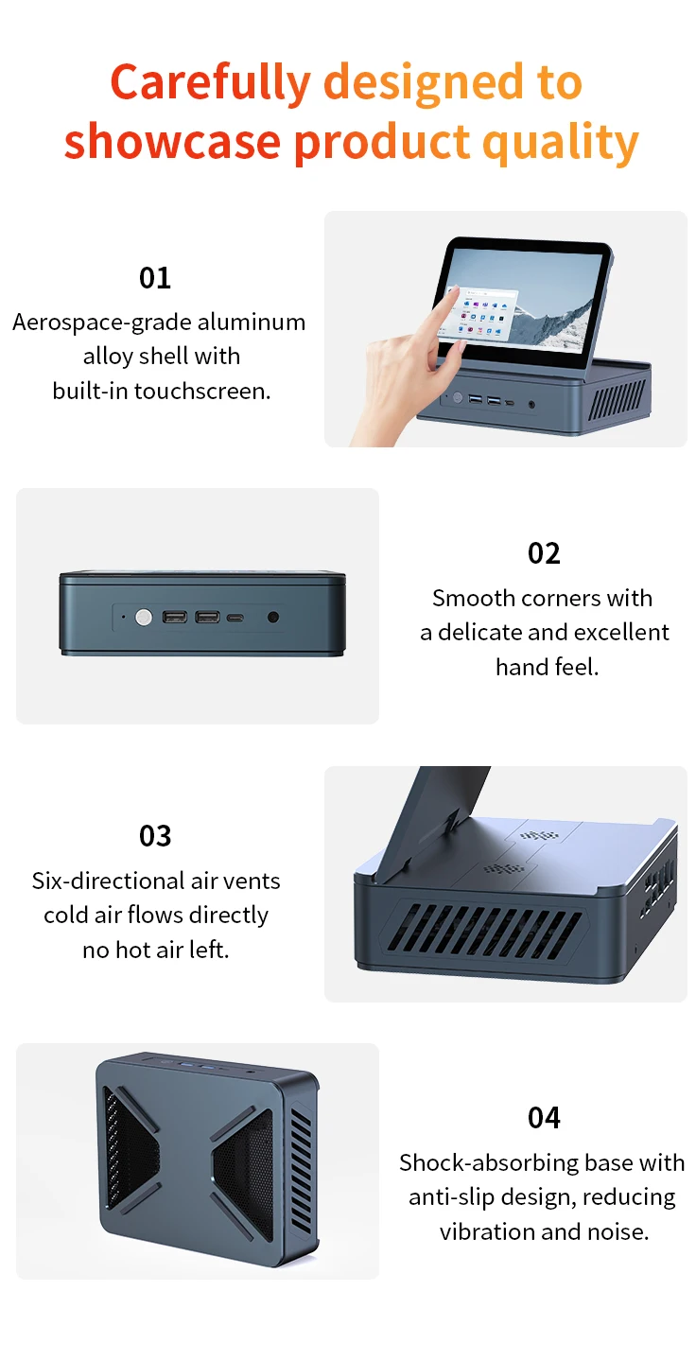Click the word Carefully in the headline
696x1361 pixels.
[210, 83]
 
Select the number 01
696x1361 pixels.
[155, 278]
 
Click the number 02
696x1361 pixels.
[544, 553]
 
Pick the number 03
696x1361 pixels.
[155, 836]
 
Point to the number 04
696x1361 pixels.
[544, 1118]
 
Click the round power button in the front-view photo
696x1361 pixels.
[144, 618]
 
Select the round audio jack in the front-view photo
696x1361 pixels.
[273, 618]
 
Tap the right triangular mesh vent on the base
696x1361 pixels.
[242, 1160]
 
